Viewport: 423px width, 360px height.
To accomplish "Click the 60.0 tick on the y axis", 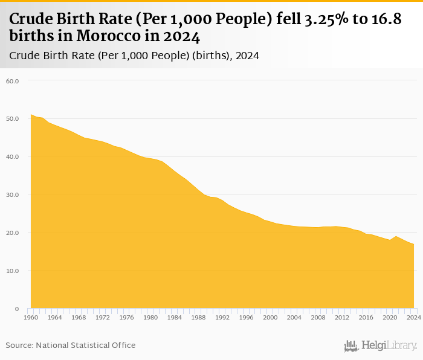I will pyautogui.click(x=13, y=80).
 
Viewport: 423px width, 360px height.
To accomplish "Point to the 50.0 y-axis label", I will pyautogui.click(x=13, y=118).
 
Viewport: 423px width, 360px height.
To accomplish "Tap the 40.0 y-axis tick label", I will pyautogui.click(x=13, y=156).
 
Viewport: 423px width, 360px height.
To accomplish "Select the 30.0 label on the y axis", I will pyautogui.click(x=13, y=194).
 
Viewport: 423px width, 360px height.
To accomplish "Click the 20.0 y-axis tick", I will pyautogui.click(x=13, y=233).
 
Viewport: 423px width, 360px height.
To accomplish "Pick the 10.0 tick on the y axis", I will pyautogui.click(x=13, y=271).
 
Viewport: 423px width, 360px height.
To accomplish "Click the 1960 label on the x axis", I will pyautogui.click(x=31, y=317).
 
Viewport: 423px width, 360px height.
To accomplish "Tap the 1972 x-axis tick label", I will pyautogui.click(x=103, y=317).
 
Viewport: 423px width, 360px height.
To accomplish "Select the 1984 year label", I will pyautogui.click(x=175, y=317).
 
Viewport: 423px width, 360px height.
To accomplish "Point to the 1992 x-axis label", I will pyautogui.click(x=222, y=317).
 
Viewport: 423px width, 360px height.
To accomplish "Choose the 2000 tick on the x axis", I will pyautogui.click(x=270, y=317).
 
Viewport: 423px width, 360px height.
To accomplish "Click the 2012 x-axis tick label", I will pyautogui.click(x=342, y=317).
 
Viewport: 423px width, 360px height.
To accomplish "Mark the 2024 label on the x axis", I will pyautogui.click(x=413, y=317).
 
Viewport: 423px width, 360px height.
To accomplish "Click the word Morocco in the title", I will pyautogui.click(x=108, y=36).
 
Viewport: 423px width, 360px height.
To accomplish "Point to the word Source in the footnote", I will pyautogui.click(x=19, y=345).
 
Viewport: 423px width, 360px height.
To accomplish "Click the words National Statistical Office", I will pyautogui.click(x=86, y=345).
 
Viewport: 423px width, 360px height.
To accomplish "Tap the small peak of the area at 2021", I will pyautogui.click(x=396, y=236).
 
